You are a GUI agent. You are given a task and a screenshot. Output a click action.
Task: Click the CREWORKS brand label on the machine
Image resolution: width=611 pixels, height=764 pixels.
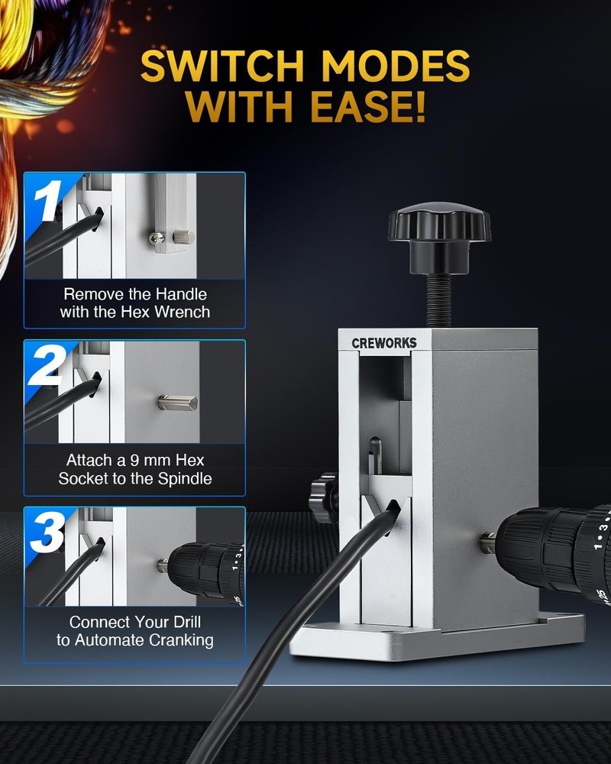point(384,343)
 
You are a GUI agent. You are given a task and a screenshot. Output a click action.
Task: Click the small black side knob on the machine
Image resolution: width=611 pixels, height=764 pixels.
point(324,497)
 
